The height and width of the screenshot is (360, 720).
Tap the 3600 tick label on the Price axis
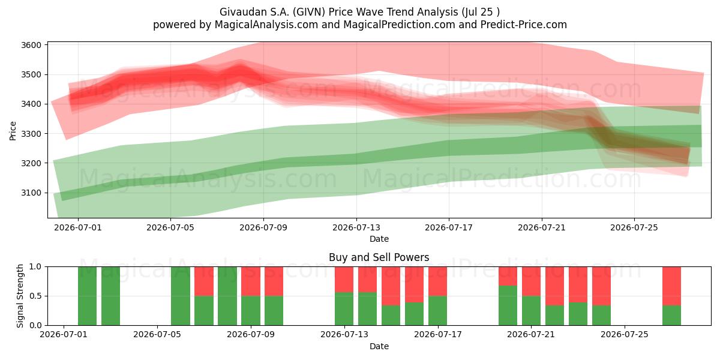(x=31, y=45)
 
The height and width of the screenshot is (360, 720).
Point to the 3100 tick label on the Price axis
(x=31, y=193)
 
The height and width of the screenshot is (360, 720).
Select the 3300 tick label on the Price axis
(x=31, y=134)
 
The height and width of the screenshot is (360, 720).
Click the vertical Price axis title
(x=13, y=131)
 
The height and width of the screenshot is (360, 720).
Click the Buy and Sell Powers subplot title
(x=379, y=257)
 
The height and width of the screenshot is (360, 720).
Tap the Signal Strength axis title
(x=20, y=296)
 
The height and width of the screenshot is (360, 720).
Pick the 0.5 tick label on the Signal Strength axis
(x=35, y=296)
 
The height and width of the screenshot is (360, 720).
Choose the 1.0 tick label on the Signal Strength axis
(x=35, y=266)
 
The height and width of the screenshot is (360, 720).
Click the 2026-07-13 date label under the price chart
(x=356, y=227)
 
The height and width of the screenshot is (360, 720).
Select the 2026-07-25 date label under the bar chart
(x=625, y=335)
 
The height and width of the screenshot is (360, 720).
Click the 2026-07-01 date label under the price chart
(x=78, y=227)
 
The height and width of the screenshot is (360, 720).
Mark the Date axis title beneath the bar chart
(x=379, y=346)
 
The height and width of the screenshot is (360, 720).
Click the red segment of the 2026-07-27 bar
(x=671, y=286)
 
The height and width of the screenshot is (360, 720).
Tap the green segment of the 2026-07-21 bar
(x=531, y=311)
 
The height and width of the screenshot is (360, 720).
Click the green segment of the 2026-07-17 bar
(x=437, y=311)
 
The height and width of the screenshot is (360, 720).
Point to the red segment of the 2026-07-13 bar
(x=344, y=280)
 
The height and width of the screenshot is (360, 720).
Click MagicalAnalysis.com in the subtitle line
(x=266, y=25)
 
